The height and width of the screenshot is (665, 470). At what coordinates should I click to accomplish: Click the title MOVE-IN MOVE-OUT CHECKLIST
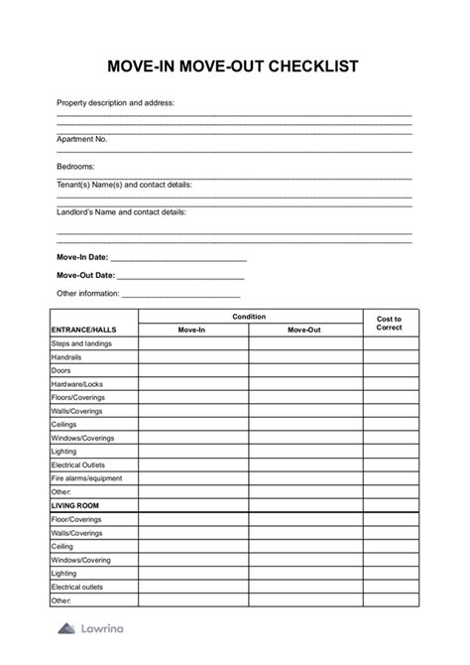point(234,66)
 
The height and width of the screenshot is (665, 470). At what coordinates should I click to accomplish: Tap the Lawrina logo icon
point(65,628)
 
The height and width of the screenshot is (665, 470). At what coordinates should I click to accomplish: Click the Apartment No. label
point(82,139)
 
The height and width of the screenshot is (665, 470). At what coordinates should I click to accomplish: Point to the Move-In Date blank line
point(177,257)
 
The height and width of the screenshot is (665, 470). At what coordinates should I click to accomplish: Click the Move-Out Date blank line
point(180,276)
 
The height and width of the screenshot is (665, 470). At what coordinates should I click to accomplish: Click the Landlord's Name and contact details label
point(121,211)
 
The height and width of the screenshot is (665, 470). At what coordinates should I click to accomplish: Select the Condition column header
point(249,317)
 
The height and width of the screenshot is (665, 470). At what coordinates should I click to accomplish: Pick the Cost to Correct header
point(389,323)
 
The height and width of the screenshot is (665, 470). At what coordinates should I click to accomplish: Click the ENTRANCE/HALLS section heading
point(82,329)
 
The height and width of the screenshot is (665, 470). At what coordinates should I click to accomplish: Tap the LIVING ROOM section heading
point(75,505)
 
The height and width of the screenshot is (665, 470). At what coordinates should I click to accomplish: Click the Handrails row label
point(66,356)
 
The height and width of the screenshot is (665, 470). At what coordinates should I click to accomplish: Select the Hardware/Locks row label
point(76,383)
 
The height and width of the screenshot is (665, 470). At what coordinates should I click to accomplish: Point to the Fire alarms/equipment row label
point(86,478)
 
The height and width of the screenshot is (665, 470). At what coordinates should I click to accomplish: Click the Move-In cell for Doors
point(192,370)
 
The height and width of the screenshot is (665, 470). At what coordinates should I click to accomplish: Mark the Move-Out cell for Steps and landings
point(304,343)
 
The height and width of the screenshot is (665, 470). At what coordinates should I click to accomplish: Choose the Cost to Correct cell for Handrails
point(389,356)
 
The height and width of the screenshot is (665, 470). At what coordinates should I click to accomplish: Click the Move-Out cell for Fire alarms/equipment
point(304,478)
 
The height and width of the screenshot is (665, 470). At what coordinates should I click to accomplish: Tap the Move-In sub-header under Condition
point(192,329)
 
